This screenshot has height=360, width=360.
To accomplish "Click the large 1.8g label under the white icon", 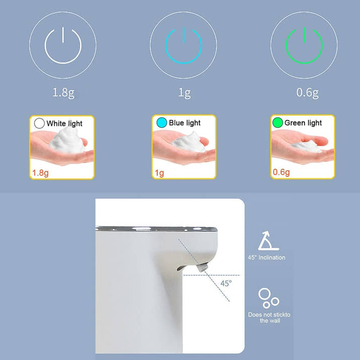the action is click(63, 93).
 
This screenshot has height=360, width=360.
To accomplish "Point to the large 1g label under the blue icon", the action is click(185, 93).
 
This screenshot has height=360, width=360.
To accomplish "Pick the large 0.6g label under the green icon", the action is click(308, 93).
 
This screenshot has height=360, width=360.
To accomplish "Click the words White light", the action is click(64, 123).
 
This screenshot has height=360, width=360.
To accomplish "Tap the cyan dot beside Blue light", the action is click(162, 123).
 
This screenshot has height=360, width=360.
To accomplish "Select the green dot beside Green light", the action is click(277, 123).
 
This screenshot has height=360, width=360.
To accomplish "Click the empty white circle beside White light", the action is click(39, 123).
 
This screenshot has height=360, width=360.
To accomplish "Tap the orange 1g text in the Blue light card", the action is click(159, 173).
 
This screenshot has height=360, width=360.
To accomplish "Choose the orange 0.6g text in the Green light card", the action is click(281, 172).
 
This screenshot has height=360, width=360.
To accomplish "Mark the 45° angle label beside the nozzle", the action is click(226, 283).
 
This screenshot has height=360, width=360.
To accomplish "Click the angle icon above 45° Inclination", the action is click(268, 241).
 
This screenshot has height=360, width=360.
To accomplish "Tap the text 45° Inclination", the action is click(266, 258).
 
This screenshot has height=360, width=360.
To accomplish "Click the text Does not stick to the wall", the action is click(269, 318).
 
